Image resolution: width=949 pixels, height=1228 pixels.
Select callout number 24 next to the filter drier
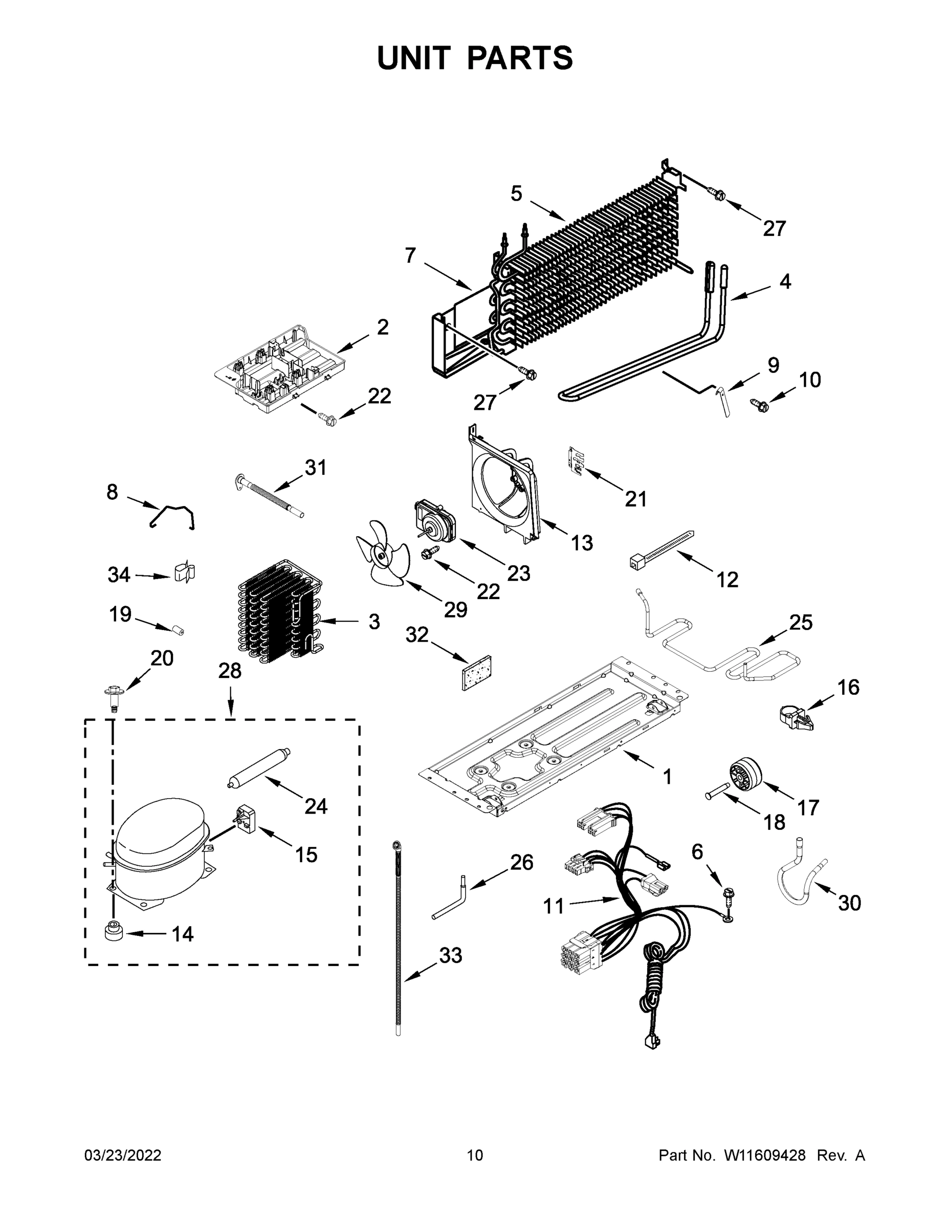pyautogui.click(x=316, y=806)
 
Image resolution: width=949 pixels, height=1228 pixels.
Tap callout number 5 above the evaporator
pyautogui.click(x=516, y=194)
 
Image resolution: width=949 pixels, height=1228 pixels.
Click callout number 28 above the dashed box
pyautogui.click(x=229, y=670)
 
